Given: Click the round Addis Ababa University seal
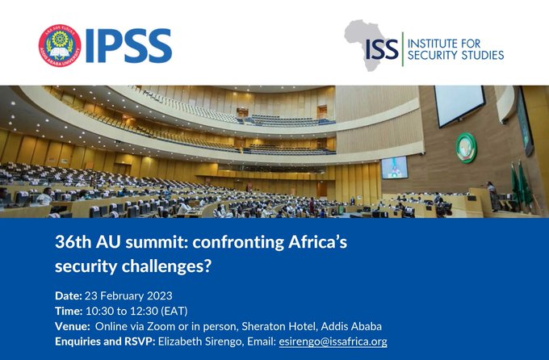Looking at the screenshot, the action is pyautogui.click(x=60, y=45).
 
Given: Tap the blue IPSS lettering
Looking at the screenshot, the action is pyautogui.click(x=128, y=46).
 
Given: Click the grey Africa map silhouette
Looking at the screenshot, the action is pyautogui.click(x=367, y=45).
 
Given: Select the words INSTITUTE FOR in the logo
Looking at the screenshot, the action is pyautogui.click(x=444, y=44).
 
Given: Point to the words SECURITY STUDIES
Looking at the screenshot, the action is pyautogui.click(x=455, y=55).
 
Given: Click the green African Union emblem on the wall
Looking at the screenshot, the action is pyautogui.click(x=467, y=149).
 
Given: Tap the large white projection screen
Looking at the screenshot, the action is pyautogui.click(x=459, y=105).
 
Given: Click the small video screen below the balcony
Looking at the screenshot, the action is pyautogui.click(x=395, y=167).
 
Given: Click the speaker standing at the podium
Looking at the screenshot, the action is pyautogui.click(x=492, y=196).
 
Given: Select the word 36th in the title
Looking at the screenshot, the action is pyautogui.click(x=73, y=242).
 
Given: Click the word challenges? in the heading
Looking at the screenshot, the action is pyautogui.click(x=166, y=266).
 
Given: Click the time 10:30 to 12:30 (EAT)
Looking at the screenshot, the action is pyautogui.click(x=136, y=311).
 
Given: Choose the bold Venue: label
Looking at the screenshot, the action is pyautogui.click(x=73, y=326).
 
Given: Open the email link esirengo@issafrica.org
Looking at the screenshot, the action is pyautogui.click(x=333, y=341).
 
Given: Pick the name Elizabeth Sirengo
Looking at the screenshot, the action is pyautogui.click(x=200, y=341).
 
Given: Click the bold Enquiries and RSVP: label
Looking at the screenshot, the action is pyautogui.click(x=105, y=341).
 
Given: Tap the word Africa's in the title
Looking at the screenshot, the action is pyautogui.click(x=317, y=242).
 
